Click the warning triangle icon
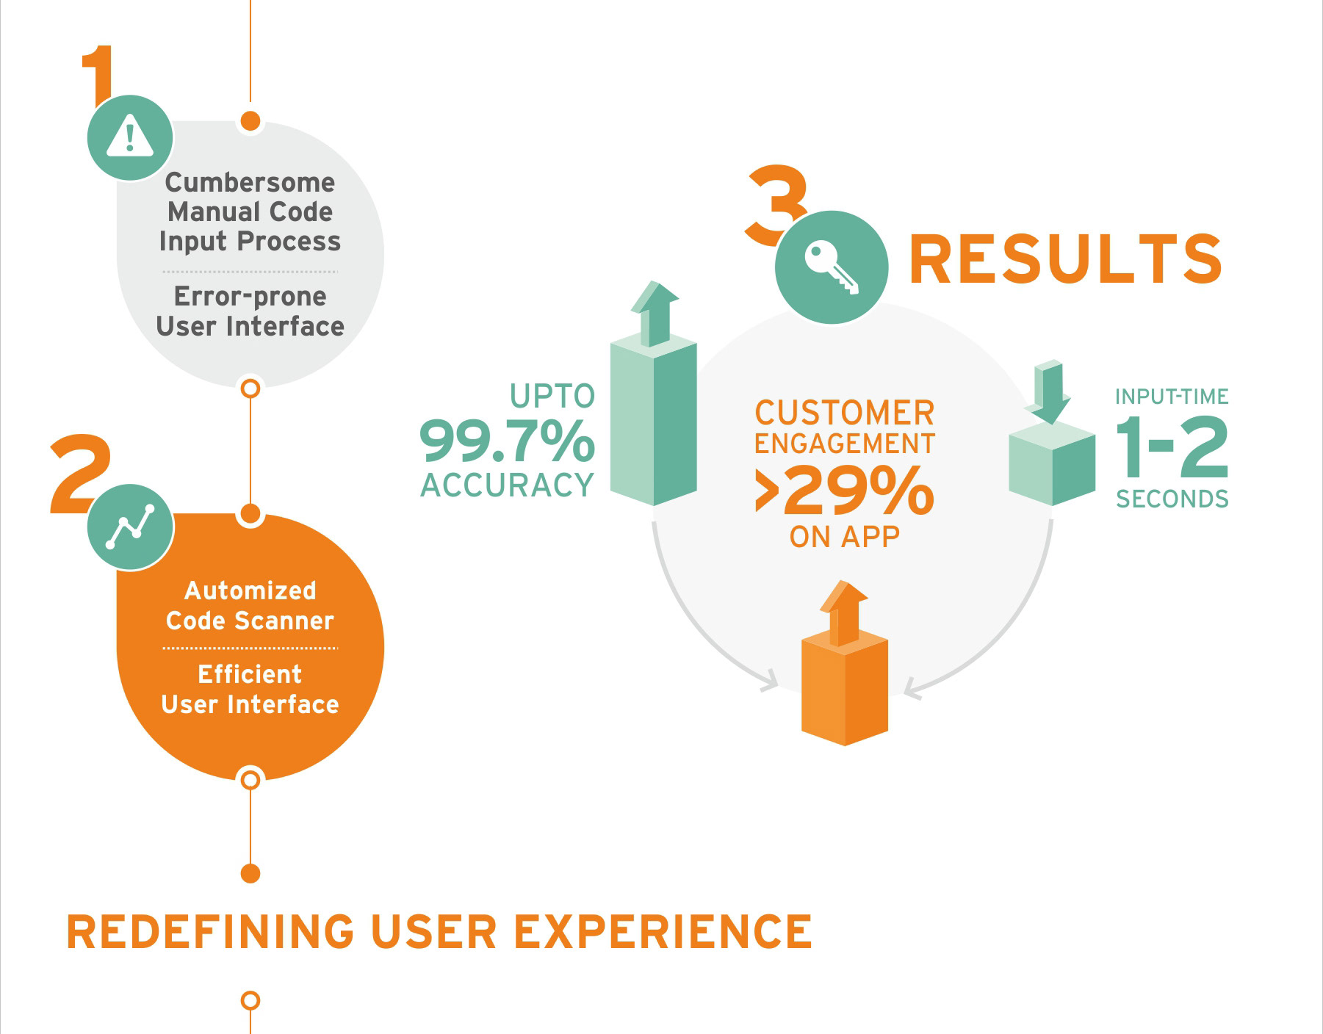pos(130,137)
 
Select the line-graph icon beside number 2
pos(130,527)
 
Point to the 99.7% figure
pos(507,441)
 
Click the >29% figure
pos(845,491)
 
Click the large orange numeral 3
pos(776,205)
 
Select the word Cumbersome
pos(250,182)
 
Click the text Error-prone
pos(250,296)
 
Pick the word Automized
pos(250,590)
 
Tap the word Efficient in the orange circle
pos(250,674)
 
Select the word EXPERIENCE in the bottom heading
pos(663,932)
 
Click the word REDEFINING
pos(210,932)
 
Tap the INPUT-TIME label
pos(1172,397)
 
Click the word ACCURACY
pos(507,485)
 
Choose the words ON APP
pos(845,537)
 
